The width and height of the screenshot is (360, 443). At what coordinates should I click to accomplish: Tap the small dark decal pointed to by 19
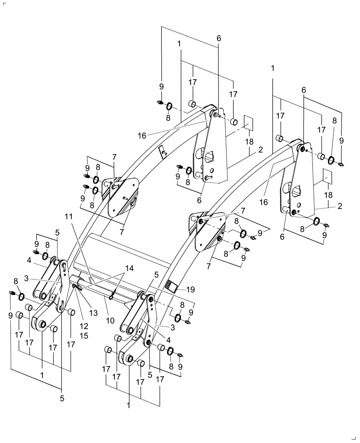tap(171, 286)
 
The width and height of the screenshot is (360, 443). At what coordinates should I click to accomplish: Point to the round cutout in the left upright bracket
tap(207, 155)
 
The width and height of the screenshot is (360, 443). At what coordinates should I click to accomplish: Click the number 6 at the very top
tap(219, 39)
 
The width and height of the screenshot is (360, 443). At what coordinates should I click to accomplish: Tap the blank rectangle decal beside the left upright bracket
tap(248, 123)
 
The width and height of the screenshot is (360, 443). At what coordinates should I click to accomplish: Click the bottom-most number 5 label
tap(62, 398)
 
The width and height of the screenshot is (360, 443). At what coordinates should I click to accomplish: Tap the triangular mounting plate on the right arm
tap(206, 230)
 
